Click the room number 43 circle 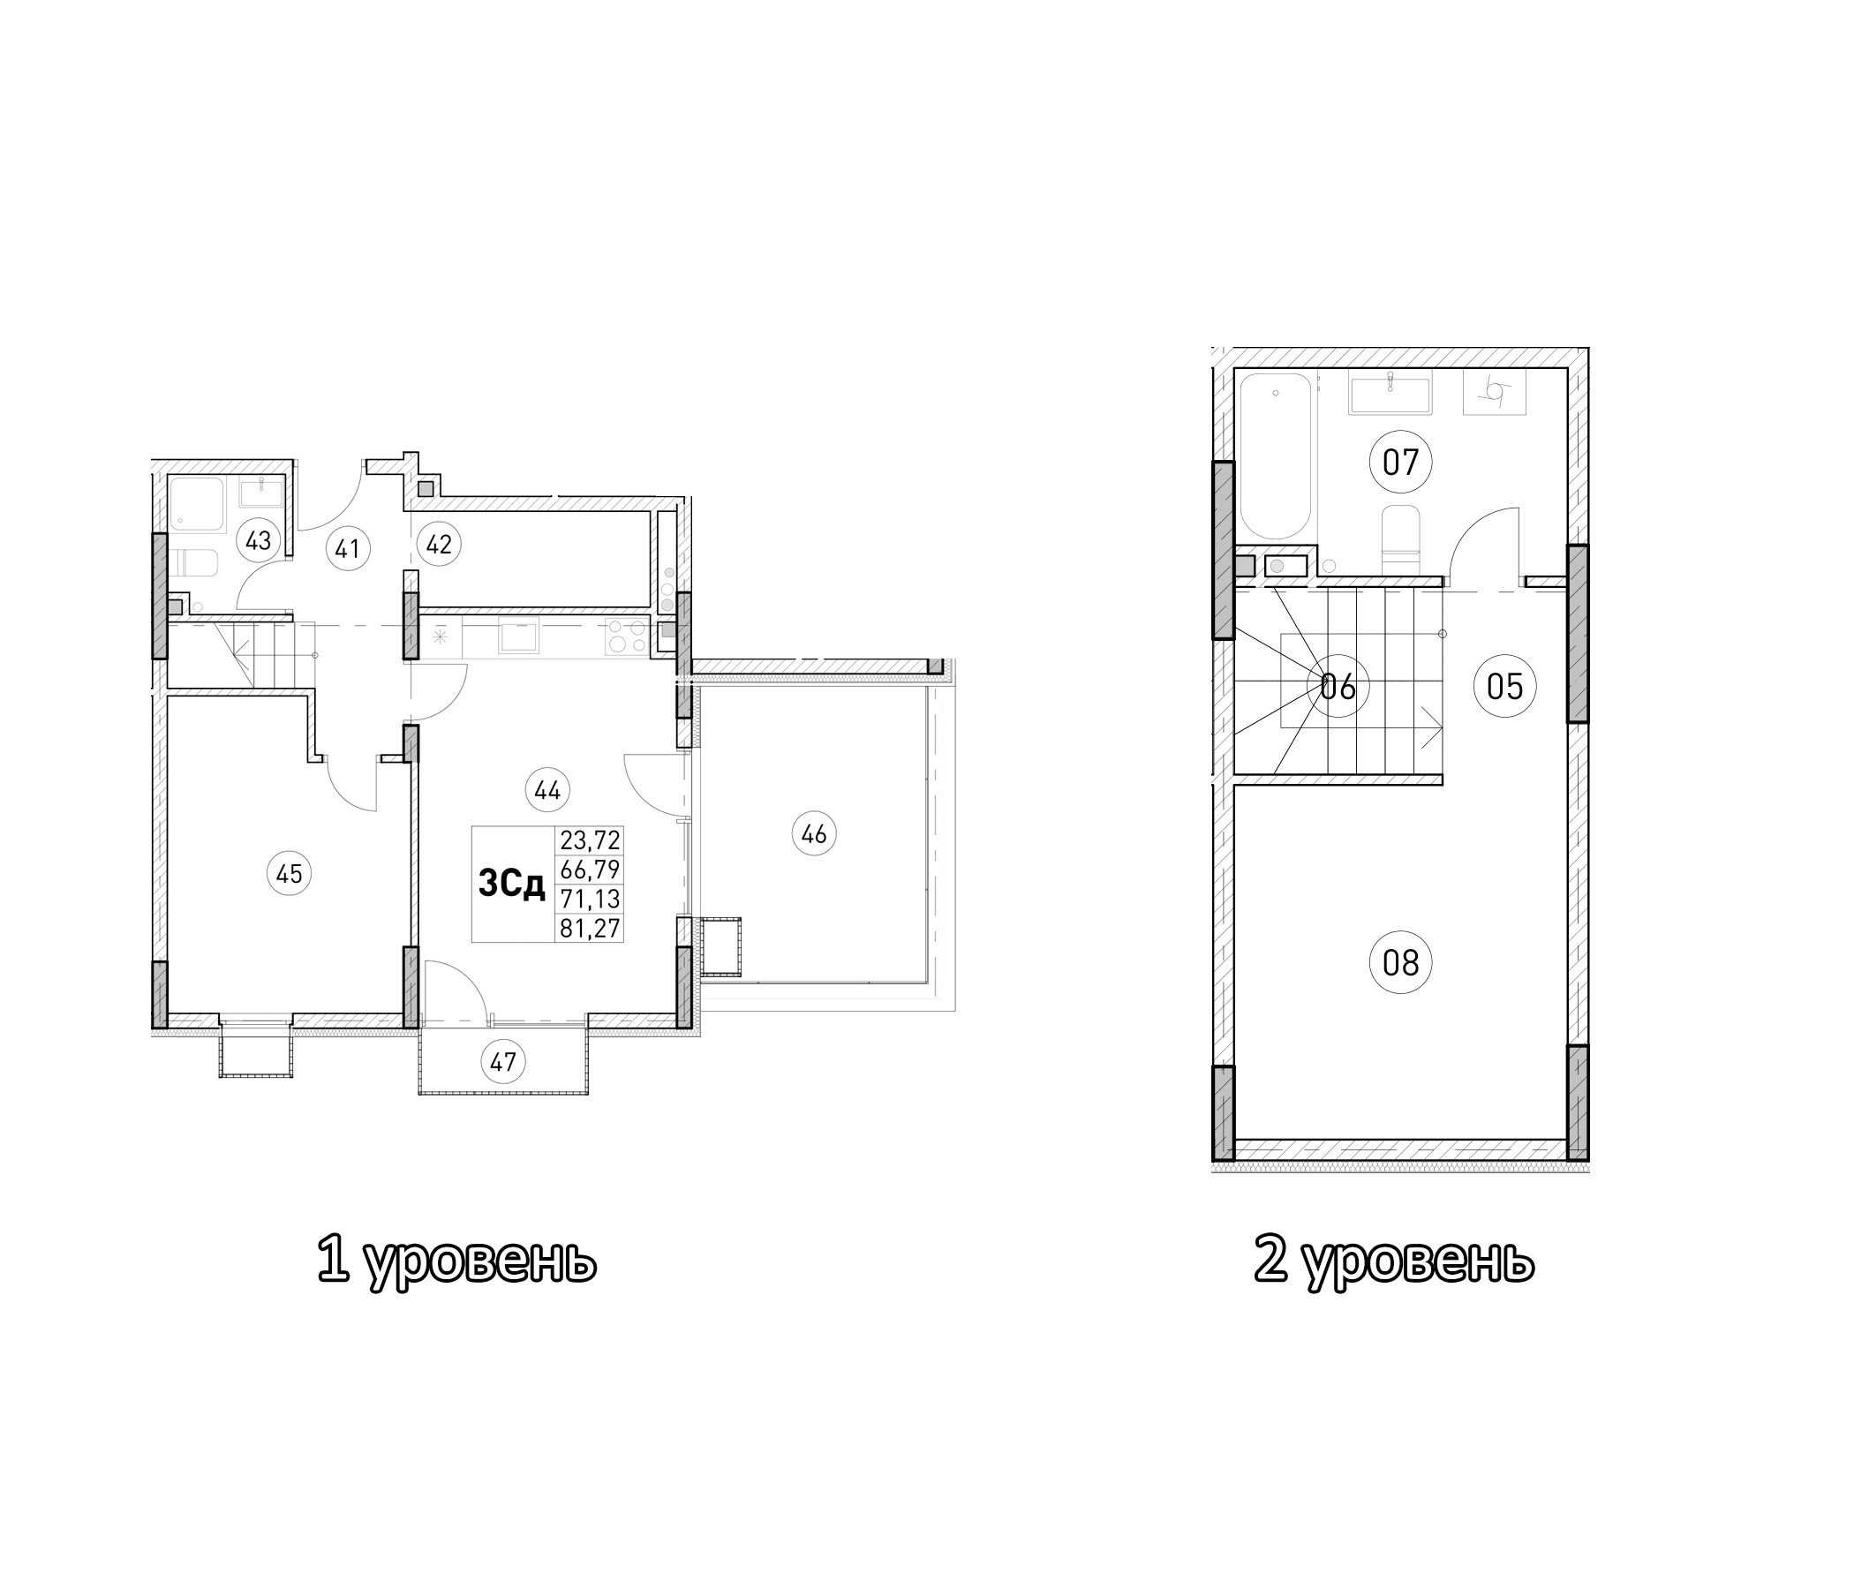point(258,540)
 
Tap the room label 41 point(346,547)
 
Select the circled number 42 point(439,544)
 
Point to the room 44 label point(547,790)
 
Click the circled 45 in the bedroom point(289,872)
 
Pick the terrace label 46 point(813,834)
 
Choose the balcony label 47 point(503,1062)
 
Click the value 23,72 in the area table point(590,840)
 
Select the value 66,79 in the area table point(590,869)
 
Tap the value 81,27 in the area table point(590,928)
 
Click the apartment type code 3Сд point(513,884)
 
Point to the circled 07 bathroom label point(1400,463)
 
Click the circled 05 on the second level point(1504,686)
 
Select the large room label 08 point(1400,963)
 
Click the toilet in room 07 point(1400,537)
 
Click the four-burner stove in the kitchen point(627,636)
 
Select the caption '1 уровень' point(456,1261)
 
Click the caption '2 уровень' point(1393,1261)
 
